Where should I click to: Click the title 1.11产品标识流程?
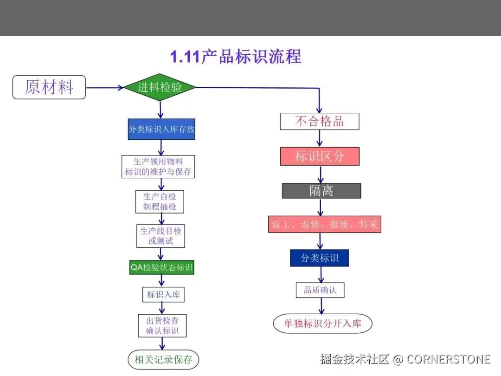pyautogui.click(x=236, y=57)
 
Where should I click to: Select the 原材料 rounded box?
pyautogui.click(x=49, y=87)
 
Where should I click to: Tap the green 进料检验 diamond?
pyautogui.click(x=160, y=87)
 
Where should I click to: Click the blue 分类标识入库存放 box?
pyautogui.click(x=161, y=129)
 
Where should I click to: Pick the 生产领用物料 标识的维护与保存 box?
pyautogui.click(x=158, y=167)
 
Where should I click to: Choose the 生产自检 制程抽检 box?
pyautogui.click(x=160, y=202)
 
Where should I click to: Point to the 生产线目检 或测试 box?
pyautogui.click(x=161, y=236)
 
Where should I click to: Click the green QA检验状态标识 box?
pyautogui.click(x=161, y=267)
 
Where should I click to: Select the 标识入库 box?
pyautogui.click(x=163, y=294)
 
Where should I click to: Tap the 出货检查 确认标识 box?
pyautogui.click(x=162, y=325)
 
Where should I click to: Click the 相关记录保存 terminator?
pyautogui.click(x=163, y=359)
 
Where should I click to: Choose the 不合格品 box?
pyautogui.click(x=320, y=122)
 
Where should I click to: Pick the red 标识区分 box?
pyautogui.click(x=320, y=156)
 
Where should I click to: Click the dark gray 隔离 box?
pyautogui.click(x=321, y=191)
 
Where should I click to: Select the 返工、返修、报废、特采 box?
pyautogui.click(x=325, y=225)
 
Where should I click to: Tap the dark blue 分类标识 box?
pyautogui.click(x=319, y=258)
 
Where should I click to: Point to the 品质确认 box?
pyautogui.click(x=320, y=291)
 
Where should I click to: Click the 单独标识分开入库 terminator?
pyautogui.click(x=322, y=324)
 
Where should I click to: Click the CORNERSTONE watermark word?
pyautogui.click(x=449, y=359)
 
